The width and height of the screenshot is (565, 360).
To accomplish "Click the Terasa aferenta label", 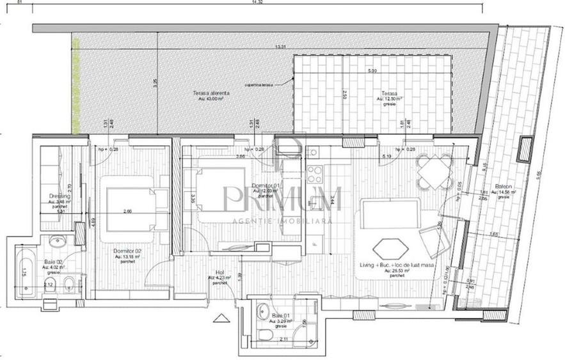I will click(x=211, y=93).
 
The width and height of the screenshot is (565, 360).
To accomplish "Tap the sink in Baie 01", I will click(x=262, y=313).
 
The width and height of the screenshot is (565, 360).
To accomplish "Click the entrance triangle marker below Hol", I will click(x=222, y=318).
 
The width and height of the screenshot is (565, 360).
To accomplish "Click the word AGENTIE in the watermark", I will click(x=250, y=220).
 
